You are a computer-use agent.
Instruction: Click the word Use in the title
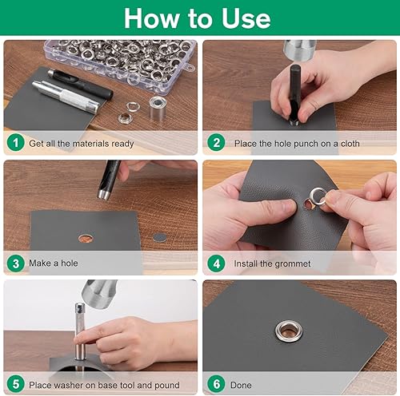[x=246, y=18]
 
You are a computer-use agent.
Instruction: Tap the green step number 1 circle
[x=16, y=142]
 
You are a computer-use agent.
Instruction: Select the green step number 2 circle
[x=216, y=142]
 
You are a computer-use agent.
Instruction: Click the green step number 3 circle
[x=16, y=263]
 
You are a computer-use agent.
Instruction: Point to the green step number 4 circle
[x=216, y=263]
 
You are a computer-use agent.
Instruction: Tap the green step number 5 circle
[x=16, y=384]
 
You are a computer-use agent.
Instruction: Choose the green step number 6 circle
[x=216, y=384]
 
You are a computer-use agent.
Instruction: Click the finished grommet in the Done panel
[x=289, y=331]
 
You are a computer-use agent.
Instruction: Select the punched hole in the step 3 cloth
[x=86, y=239]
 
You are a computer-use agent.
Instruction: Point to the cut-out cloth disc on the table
[x=160, y=237]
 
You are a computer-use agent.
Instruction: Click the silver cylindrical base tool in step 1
[x=158, y=108]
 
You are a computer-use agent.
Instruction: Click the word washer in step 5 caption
[x=71, y=385]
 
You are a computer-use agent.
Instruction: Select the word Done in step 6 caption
[x=241, y=385]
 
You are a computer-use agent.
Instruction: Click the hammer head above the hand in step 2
[x=300, y=49]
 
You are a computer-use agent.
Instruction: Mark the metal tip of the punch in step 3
[x=103, y=194]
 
